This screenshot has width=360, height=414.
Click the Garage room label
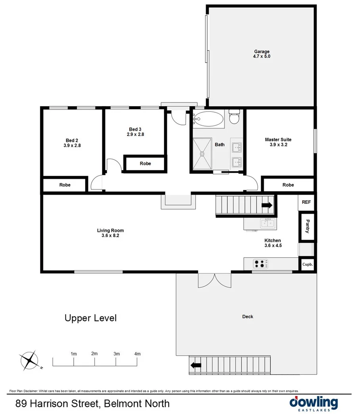pyautogui.click(x=262, y=52)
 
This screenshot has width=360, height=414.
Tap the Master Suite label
pyautogui.click(x=278, y=140)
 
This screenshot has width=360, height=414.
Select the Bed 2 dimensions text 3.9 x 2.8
pyautogui.click(x=72, y=146)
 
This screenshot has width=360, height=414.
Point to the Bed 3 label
pyautogui.click(x=135, y=129)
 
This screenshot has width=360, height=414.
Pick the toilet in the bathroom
pyautogui.click(x=234, y=117)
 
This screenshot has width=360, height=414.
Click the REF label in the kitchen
pyautogui.click(x=306, y=202)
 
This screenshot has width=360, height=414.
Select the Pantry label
pyautogui.click(x=306, y=227)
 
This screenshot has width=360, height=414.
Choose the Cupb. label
pyautogui.click(x=308, y=264)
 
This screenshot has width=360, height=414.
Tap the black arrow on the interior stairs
pyautogui.click(x=267, y=205)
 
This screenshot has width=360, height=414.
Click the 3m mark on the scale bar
pyautogui.click(x=117, y=354)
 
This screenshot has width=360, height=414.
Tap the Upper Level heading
pyautogui.click(x=90, y=318)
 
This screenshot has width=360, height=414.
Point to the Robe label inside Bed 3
pyautogui.click(x=146, y=163)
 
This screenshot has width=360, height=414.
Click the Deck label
pyautogui.click(x=247, y=316)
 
